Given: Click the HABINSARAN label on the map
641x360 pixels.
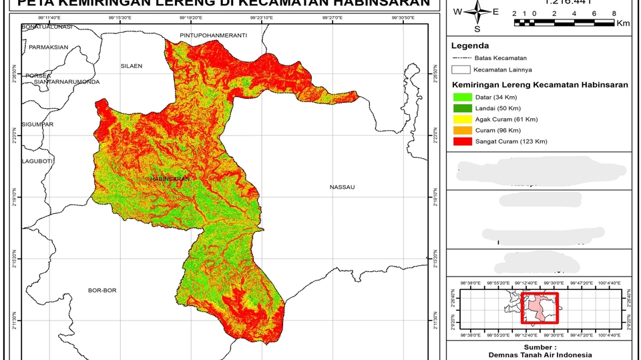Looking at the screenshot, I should [170, 180].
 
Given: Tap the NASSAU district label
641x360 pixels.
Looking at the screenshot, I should [342, 188].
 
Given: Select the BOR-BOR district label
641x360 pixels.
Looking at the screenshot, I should [102, 291].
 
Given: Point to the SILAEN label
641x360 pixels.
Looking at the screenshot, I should [132, 66].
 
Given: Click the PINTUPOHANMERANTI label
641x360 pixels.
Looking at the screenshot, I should [214, 34].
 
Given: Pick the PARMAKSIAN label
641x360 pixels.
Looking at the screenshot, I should [48, 47].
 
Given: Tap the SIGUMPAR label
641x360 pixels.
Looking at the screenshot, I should [37, 125].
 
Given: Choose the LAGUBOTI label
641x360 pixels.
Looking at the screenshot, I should [37, 161].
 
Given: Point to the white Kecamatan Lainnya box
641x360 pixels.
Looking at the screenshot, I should [461, 69].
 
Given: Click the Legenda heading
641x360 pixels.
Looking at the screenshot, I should [470, 46].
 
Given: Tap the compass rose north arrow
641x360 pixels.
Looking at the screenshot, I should [477, 11].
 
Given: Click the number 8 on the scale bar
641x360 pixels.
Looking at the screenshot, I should [613, 13].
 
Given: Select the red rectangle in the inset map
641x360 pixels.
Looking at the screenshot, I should [540, 309].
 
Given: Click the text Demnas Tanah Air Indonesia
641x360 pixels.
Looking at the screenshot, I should [540, 355].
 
